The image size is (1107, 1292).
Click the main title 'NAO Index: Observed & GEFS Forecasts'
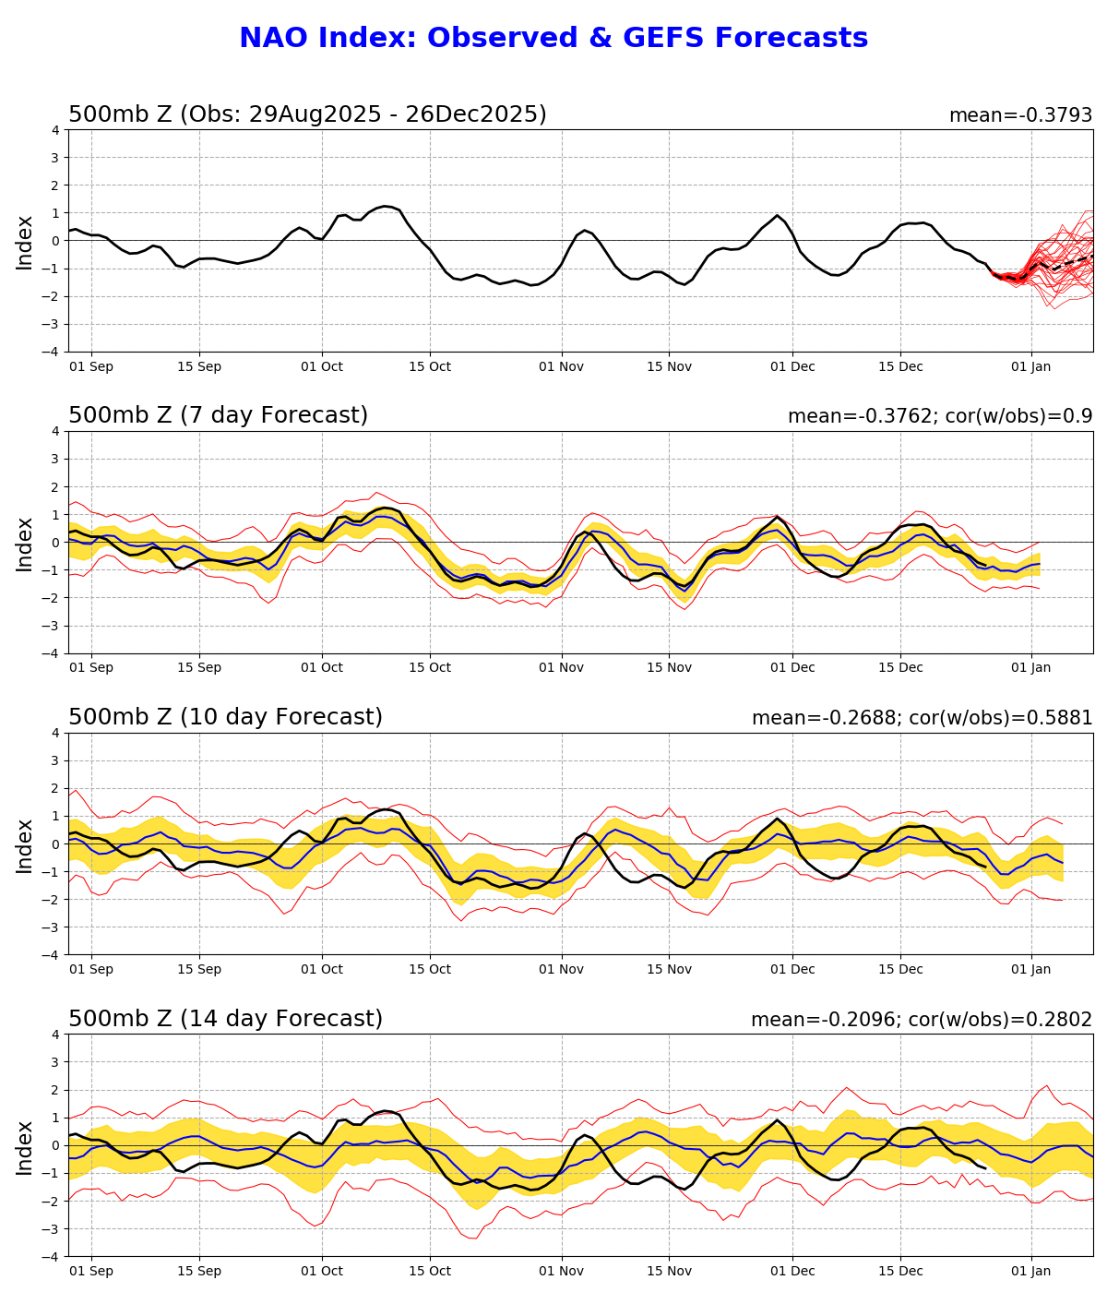(553, 39)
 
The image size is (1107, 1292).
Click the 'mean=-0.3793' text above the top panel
(1020, 116)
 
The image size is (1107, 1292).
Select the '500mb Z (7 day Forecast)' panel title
(218, 416)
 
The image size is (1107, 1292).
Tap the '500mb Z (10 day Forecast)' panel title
(225, 718)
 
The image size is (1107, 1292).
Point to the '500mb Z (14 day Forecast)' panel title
(225, 1020)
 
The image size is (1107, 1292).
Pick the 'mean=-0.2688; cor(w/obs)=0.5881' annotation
(922, 719)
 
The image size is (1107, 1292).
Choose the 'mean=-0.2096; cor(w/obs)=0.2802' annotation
(921, 1021)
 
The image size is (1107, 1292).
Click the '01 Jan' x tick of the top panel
(1030, 366)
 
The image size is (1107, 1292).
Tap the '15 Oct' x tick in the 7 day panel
(429, 668)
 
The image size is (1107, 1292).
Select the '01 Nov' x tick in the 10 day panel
(561, 969)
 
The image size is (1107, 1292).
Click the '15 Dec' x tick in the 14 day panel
(900, 1271)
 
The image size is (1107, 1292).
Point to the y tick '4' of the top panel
(56, 130)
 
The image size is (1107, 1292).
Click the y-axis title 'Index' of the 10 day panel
(25, 844)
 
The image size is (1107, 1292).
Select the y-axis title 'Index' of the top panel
(25, 242)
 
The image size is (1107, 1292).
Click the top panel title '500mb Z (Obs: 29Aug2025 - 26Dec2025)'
(307, 115)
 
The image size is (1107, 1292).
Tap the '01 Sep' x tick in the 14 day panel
(91, 1271)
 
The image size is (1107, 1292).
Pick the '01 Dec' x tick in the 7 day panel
(792, 668)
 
